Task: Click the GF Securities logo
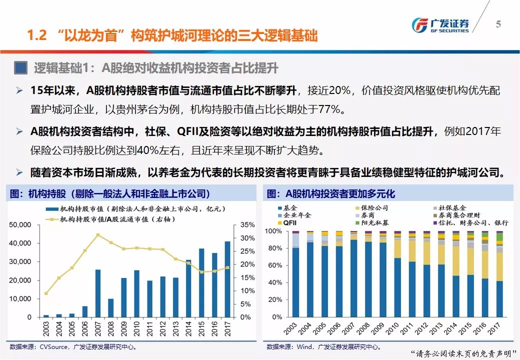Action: click(x=440, y=25)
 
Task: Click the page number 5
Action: click(x=498, y=24)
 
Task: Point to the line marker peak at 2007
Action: click(x=98, y=234)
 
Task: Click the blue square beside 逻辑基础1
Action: click(x=20, y=67)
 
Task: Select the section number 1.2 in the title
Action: click(x=37, y=36)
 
